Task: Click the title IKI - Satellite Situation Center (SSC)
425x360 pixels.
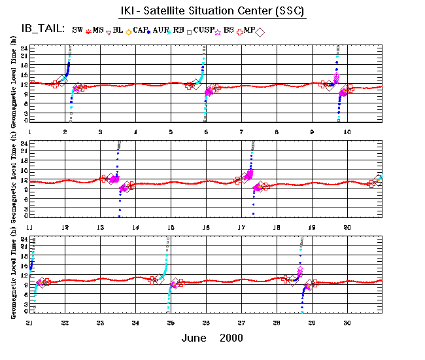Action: pos(207,12)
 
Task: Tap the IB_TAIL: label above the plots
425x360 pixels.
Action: pos(41,29)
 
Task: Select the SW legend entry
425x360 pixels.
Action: pos(78,30)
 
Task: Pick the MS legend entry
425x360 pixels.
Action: pos(98,30)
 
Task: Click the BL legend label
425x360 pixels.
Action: pos(118,30)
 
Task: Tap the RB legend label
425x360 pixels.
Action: pos(188,30)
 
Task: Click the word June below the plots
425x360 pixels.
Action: pos(195,338)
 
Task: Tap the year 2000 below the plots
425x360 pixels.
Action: pos(231,338)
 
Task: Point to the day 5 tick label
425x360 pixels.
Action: pos(171,132)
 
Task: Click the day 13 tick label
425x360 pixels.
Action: pos(100,227)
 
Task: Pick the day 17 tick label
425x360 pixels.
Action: pos(241,227)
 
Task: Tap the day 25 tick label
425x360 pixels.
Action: pos(171,323)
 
